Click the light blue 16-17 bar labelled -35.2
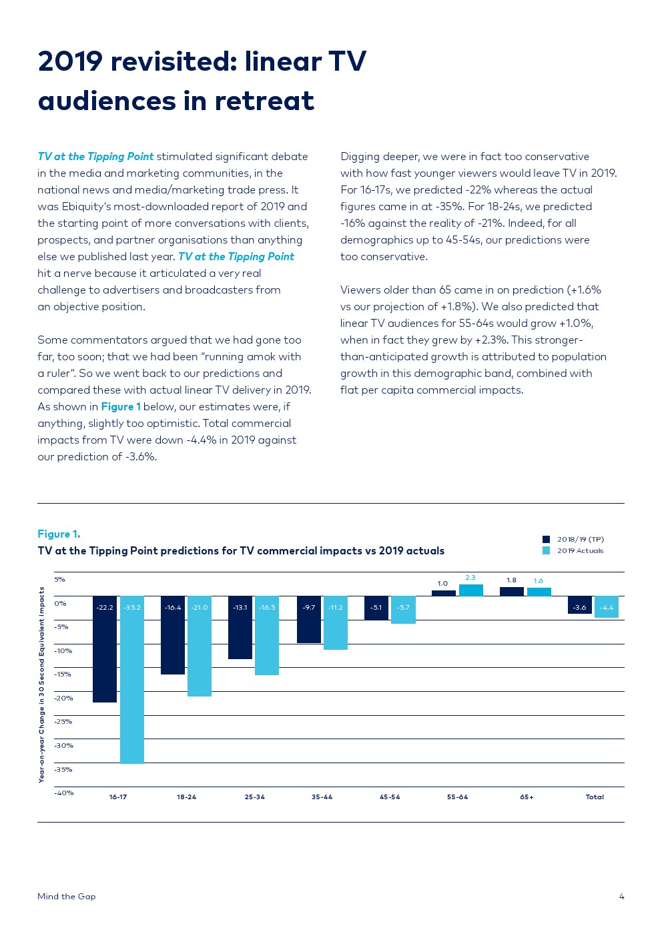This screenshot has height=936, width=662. [x=132, y=679]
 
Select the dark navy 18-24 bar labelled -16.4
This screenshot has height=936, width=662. [x=173, y=634]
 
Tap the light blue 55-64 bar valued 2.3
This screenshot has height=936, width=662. [x=470, y=590]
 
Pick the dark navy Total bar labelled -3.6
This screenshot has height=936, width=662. [x=579, y=604]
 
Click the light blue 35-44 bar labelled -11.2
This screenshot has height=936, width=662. [x=336, y=622]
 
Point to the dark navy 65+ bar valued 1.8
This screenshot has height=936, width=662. [x=511, y=592]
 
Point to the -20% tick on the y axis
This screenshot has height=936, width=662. [x=63, y=698]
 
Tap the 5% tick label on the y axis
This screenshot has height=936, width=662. [x=60, y=579]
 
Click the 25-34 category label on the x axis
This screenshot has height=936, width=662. [x=254, y=797]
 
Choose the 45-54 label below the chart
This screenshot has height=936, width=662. [x=390, y=797]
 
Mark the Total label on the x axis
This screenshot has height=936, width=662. [x=595, y=797]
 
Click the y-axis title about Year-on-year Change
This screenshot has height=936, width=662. [x=41, y=684]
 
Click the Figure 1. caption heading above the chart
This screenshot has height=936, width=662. [x=59, y=534]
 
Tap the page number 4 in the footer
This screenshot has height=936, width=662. [x=621, y=897]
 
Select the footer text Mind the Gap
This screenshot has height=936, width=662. [x=67, y=897]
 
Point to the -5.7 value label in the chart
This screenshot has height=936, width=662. [x=404, y=608]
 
